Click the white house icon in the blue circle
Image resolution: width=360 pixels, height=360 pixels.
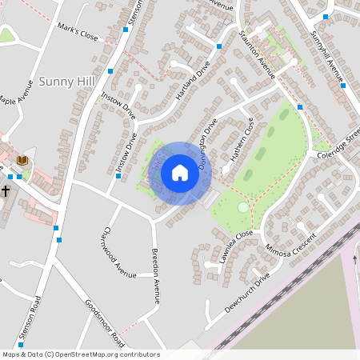180,173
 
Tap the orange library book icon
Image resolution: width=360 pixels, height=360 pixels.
22,161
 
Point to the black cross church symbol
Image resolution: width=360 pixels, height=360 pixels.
5,191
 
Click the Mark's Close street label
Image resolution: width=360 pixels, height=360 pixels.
78,37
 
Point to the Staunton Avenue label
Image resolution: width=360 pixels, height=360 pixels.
257,55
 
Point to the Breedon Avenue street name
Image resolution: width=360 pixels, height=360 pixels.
157,274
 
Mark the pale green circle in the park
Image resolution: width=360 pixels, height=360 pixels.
242,207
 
